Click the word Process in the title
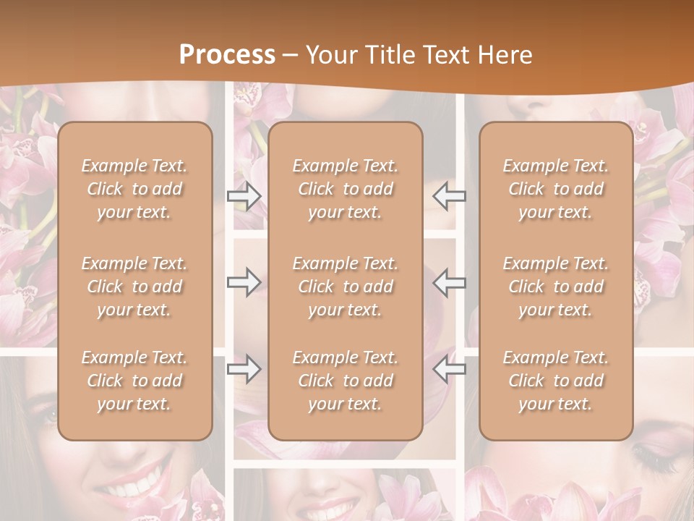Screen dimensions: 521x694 [x=227, y=55]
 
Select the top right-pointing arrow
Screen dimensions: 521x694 [x=244, y=196]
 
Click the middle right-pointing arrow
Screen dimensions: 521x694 [x=244, y=282]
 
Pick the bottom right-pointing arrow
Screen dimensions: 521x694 [x=244, y=369]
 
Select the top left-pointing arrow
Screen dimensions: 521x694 [x=449, y=196]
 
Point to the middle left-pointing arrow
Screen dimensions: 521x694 [x=449, y=282]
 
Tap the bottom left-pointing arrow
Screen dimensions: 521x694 [x=449, y=369]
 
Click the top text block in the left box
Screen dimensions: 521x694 [x=134, y=189]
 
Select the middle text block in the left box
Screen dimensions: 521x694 [x=134, y=287]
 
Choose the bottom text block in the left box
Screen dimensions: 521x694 [x=134, y=381]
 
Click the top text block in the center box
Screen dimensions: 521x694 [x=345, y=189]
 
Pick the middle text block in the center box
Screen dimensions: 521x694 [x=345, y=287]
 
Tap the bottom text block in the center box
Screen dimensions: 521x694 [x=345, y=381]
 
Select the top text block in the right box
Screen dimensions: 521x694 [x=555, y=189]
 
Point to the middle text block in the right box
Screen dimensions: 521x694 [x=555, y=287]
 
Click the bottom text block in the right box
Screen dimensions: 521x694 [x=555, y=381]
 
